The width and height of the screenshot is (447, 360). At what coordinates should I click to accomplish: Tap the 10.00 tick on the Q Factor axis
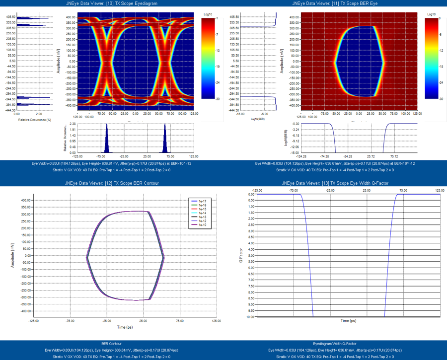click(250, 316)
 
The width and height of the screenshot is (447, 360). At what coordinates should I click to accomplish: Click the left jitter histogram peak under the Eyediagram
click(106, 139)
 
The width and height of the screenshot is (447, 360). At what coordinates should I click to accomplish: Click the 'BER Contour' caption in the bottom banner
click(112, 343)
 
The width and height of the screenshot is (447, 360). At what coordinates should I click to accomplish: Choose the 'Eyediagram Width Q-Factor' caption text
click(335, 343)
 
